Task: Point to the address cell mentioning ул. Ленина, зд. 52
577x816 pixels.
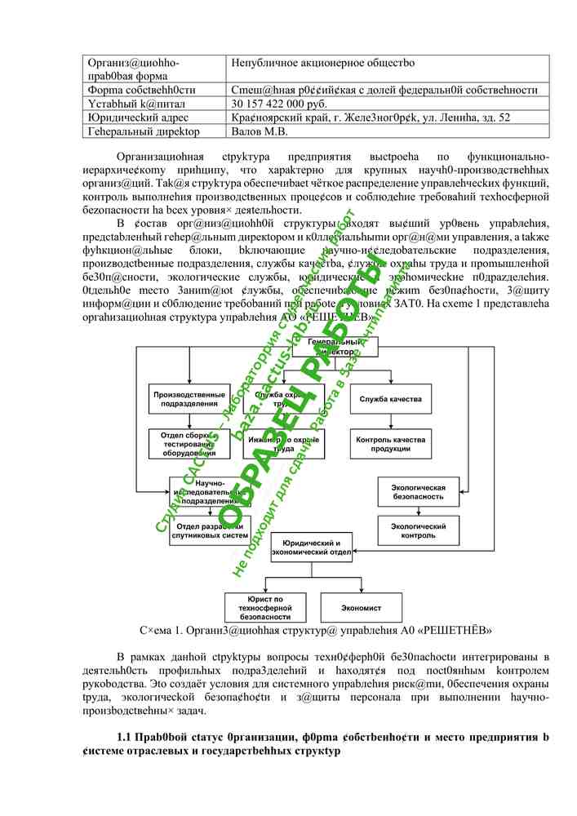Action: coord(371,118)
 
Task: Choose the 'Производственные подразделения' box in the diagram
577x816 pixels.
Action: coord(189,398)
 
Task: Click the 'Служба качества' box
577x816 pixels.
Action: coord(389,398)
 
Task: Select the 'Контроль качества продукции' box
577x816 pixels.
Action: coord(389,444)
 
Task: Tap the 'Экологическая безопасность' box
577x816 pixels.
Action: coord(419,491)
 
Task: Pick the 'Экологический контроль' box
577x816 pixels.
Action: coord(419,531)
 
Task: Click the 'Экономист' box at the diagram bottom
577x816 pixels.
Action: coord(361,608)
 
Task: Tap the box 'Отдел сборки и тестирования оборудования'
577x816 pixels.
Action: coord(189,444)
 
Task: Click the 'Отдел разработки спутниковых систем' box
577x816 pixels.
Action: coord(207,531)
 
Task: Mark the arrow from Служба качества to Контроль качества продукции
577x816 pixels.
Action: coord(389,421)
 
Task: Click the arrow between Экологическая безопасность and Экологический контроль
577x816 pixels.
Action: coord(419,511)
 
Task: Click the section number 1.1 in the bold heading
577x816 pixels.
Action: coord(125,738)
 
